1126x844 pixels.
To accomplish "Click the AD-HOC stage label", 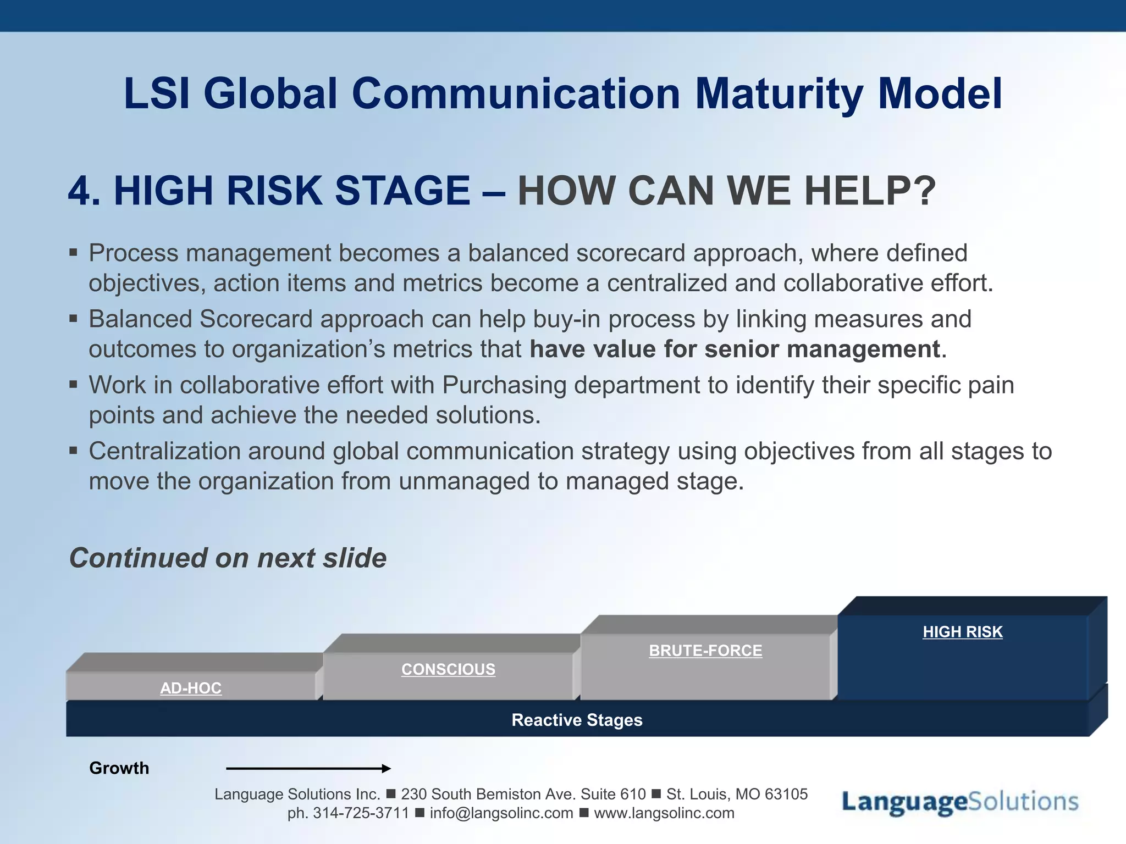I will [x=191, y=688].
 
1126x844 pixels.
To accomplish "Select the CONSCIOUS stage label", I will [x=448, y=669].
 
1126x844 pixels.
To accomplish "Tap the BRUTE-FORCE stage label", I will [x=705, y=651].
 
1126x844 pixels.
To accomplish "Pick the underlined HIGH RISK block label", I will [x=963, y=632].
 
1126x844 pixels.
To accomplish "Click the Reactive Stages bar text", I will [x=577, y=720].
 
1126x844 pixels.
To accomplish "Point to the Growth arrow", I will [x=308, y=768].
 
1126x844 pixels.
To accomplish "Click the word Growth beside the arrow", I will [x=119, y=768].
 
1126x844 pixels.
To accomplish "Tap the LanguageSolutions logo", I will [x=960, y=802].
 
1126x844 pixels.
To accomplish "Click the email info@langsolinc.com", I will [x=501, y=813].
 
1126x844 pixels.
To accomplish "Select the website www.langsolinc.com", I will [x=664, y=813].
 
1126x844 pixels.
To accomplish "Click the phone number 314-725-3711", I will [x=361, y=813].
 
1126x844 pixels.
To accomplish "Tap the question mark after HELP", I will [x=925, y=191].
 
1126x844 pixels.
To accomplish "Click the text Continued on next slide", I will [x=228, y=558].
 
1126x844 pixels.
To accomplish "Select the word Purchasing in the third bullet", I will [x=504, y=385].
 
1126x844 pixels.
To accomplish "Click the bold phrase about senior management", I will [x=735, y=349].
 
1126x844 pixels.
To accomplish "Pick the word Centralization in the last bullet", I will [x=164, y=451].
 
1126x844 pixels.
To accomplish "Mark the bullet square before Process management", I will [x=74, y=253].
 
